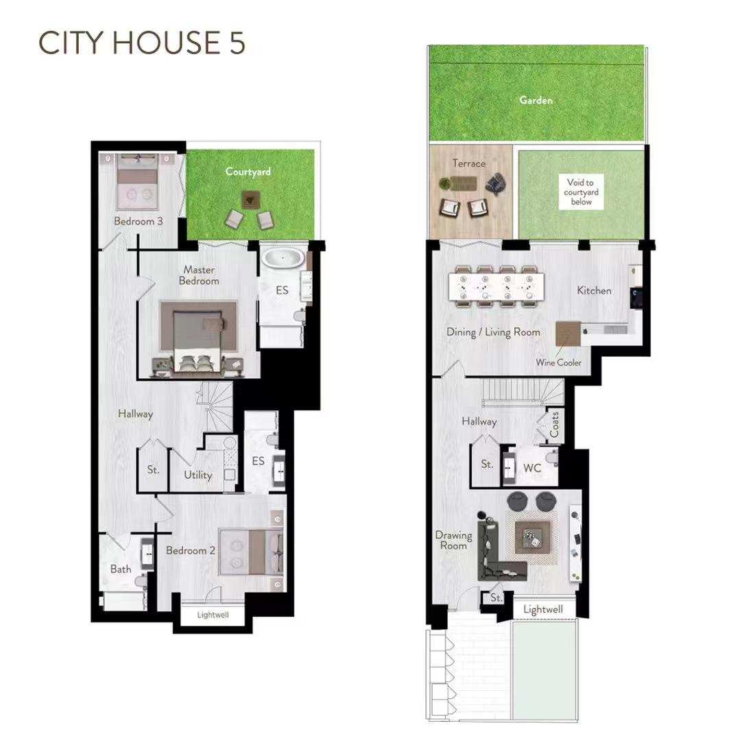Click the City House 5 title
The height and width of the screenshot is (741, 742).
141,43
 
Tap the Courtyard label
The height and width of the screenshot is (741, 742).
248,172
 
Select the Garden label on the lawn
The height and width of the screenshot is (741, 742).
536,100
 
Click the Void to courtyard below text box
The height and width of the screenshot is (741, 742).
581,191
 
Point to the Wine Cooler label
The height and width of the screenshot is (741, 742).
558,362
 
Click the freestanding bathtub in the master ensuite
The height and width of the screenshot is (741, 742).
283,259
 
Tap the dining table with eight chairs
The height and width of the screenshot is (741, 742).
496,286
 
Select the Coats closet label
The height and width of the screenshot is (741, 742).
554,425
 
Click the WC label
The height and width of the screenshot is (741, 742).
532,469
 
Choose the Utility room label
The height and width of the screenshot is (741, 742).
198,475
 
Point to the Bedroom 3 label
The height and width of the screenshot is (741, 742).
138,221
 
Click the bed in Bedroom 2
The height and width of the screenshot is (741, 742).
251,552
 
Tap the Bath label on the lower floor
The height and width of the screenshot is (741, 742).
121,569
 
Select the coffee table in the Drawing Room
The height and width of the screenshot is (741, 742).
533,537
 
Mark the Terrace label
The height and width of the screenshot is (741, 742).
468,163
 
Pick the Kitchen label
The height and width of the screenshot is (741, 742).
594,290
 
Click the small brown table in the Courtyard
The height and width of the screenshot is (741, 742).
250,200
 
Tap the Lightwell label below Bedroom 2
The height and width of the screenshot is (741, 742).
213,615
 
